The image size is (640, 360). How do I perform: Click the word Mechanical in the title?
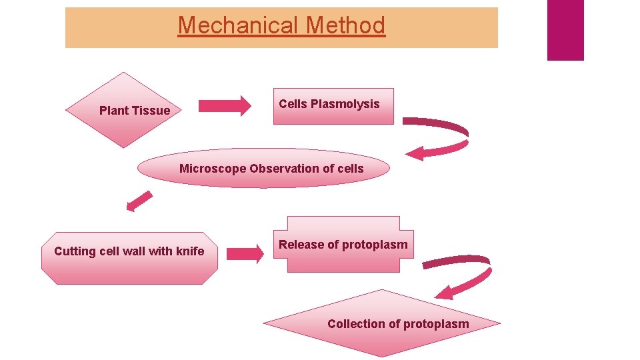(237, 25)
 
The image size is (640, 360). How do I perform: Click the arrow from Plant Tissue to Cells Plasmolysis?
(225, 105)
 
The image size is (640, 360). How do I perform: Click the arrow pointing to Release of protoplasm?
(245, 253)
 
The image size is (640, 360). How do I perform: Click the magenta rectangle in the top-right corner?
(565, 30)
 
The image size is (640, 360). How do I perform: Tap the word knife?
(190, 251)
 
